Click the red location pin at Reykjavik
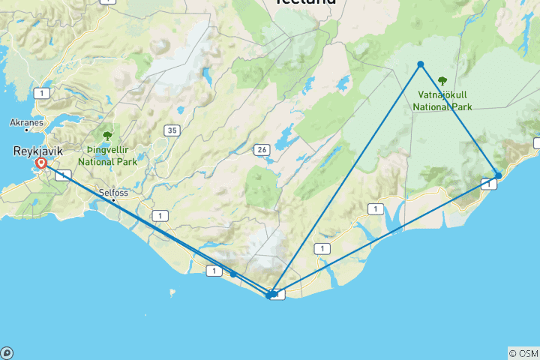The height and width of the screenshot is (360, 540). tap(40, 162)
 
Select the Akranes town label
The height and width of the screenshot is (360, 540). tap(26, 121)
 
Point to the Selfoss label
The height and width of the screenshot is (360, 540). tap(114, 192)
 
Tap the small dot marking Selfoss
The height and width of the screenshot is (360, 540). tap(113, 200)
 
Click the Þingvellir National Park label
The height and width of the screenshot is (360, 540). tap(106, 154)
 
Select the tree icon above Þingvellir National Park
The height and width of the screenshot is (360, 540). tap(107, 136)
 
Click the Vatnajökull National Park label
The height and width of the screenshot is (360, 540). tap(442, 101)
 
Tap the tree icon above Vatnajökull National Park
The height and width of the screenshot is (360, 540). tap(442, 81)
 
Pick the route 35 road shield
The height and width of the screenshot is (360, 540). tap(173, 130)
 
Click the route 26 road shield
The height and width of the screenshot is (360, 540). tap(262, 149)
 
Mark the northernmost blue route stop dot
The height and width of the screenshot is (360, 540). tap(421, 64)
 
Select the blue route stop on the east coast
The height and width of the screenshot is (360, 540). tap(499, 175)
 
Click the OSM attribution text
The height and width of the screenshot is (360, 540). tap(523, 353)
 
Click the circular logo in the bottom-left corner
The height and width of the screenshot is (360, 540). tap(6, 353)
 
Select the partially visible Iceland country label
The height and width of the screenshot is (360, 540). tap(305, 2)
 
